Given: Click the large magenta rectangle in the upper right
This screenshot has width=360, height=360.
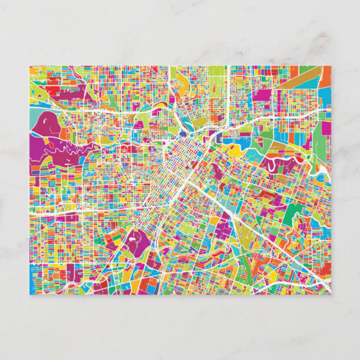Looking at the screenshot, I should pos(262,95).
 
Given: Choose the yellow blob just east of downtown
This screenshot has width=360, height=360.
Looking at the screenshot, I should pos(234,149).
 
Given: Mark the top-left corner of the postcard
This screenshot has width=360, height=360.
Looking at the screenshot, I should pos(30,66).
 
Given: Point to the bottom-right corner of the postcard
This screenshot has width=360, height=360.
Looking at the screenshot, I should pos(330,295).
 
